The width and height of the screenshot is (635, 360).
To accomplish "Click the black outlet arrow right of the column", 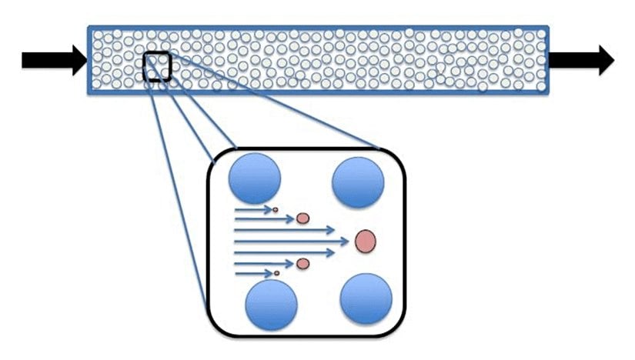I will pos(581,60).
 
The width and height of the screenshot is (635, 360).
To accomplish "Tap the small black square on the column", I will pos(157,66).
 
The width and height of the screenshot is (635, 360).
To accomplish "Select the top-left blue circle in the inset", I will pos(255,176).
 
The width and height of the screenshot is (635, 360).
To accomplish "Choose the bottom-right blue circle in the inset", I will pos(366,298).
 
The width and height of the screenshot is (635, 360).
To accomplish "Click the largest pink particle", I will pos(366,241).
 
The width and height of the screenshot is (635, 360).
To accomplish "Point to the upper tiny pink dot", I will pos(276,208).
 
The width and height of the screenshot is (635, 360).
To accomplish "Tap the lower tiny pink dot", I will pos(276,273).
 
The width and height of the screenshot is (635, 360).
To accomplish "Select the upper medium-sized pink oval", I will pos(302,218).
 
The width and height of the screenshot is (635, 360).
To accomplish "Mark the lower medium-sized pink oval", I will pos(302,264).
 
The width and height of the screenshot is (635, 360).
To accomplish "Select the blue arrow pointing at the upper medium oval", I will pos(262,218).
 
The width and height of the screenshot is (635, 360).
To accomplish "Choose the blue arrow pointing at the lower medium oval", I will pos(262,263).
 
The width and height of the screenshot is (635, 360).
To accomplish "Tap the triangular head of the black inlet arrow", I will pos(78,60).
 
